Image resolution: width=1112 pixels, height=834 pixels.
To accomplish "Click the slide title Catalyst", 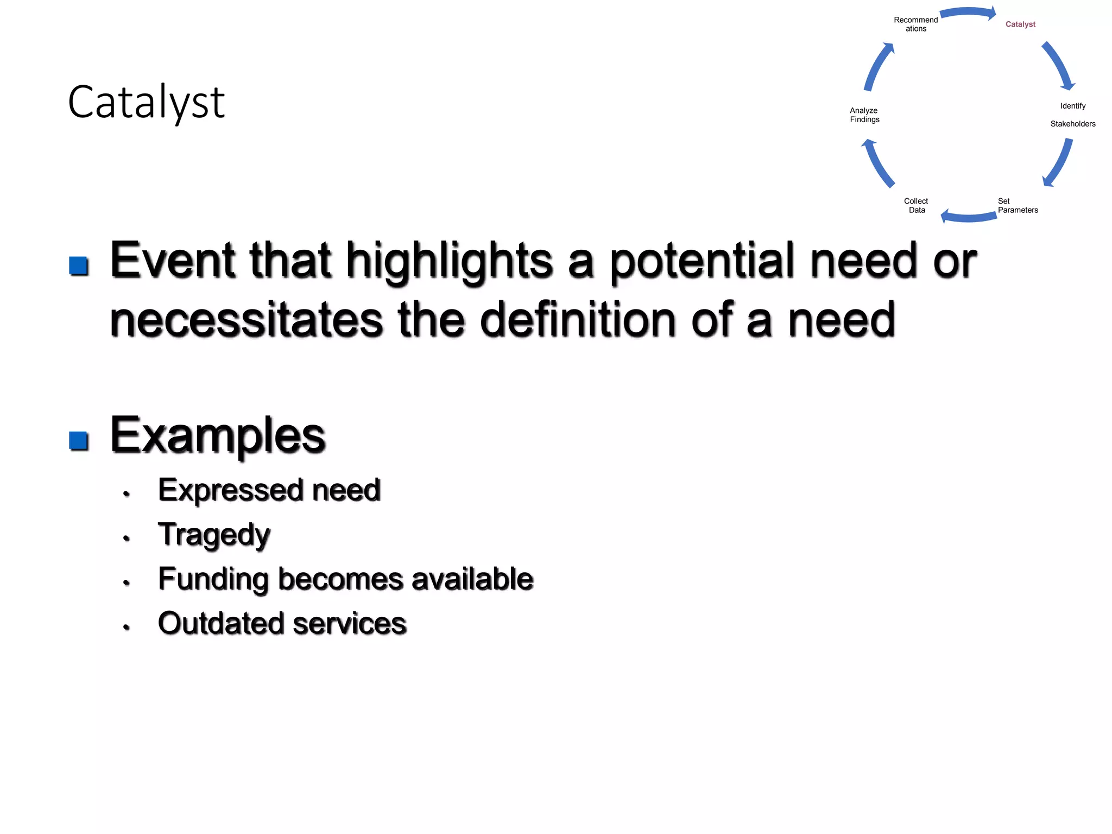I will pos(146,103).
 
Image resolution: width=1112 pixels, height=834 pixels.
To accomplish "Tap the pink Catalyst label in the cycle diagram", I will pos(1020,24).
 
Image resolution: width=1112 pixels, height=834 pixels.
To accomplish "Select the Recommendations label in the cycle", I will pos(915,24).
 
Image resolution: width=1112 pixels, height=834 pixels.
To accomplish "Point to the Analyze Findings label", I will pos(864,115).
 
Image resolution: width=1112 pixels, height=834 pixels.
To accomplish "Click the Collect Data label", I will pos(916,206).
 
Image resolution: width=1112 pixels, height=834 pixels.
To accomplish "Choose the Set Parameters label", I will pos(1017,206).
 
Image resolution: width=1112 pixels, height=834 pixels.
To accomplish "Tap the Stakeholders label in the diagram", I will pos(1072,124).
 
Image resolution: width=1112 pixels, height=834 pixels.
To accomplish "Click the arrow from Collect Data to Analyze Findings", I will pos(877,163).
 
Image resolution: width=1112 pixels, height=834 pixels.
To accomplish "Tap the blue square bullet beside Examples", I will pos(79,440).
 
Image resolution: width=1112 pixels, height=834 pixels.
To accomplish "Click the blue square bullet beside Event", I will pos(79,266).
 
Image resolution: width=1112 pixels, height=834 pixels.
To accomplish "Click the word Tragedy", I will pos(214,535).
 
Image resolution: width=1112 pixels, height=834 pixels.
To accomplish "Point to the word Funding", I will pos(213,579).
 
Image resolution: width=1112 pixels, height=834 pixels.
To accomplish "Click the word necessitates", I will pos(247,320).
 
